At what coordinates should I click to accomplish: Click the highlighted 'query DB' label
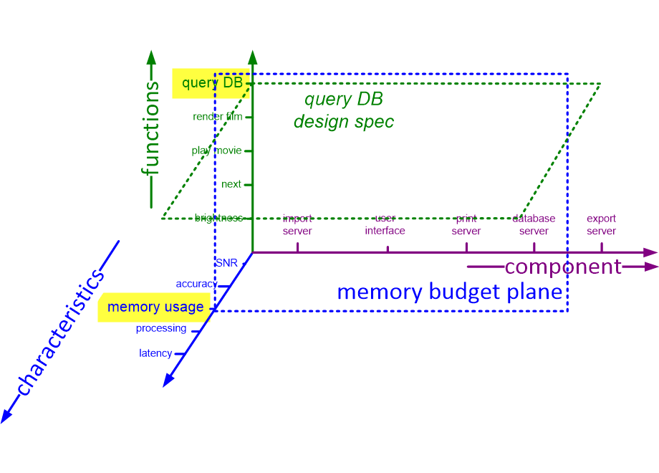pyautogui.click(x=211, y=83)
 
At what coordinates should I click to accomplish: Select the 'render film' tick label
pyautogui.click(x=217, y=117)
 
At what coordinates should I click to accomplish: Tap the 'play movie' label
pyautogui.click(x=216, y=150)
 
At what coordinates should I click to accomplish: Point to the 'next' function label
pyautogui.click(x=231, y=184)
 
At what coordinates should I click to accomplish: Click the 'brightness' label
pyautogui.click(x=218, y=218)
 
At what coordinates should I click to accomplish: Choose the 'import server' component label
pyautogui.click(x=297, y=225)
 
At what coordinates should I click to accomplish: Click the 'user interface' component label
pyautogui.click(x=385, y=224)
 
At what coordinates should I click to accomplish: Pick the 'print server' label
pyautogui.click(x=466, y=225)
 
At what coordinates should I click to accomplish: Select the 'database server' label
pyautogui.click(x=534, y=225)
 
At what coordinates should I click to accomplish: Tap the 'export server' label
pyautogui.click(x=601, y=225)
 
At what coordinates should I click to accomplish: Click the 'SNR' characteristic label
pyautogui.click(x=226, y=263)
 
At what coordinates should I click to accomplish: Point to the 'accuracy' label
pyautogui.click(x=196, y=284)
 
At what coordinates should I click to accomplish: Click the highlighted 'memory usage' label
pyautogui.click(x=155, y=307)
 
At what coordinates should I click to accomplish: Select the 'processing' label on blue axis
pyautogui.click(x=161, y=328)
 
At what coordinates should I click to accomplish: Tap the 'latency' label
pyautogui.click(x=155, y=353)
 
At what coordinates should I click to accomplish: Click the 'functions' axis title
pyautogui.click(x=150, y=129)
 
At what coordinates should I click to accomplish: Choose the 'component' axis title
pyautogui.click(x=563, y=267)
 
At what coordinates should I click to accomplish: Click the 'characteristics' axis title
pyautogui.click(x=62, y=333)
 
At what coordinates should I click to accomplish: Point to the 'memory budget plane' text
pyautogui.click(x=449, y=292)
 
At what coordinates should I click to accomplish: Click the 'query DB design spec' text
pyautogui.click(x=344, y=111)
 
